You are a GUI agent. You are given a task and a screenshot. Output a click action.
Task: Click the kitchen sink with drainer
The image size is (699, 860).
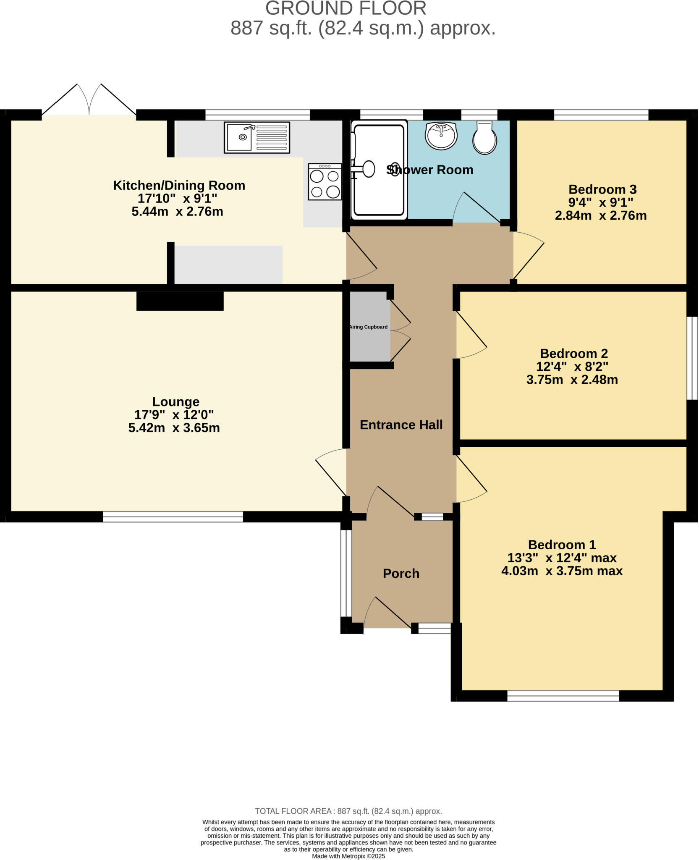[257, 137]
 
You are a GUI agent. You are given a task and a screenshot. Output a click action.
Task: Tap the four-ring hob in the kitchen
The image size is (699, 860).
[325, 181]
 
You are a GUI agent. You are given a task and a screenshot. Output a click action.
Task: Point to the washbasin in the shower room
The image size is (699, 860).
[441, 135]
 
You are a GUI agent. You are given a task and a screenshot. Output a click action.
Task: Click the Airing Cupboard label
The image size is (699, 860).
[369, 327]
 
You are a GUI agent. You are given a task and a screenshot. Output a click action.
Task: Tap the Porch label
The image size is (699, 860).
[401, 574]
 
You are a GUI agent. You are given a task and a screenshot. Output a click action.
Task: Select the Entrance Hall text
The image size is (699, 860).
[401, 425]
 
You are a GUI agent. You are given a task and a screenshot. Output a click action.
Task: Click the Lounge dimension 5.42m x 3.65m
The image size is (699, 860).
[174, 428]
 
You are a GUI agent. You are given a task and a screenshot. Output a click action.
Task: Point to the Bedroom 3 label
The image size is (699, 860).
[602, 189]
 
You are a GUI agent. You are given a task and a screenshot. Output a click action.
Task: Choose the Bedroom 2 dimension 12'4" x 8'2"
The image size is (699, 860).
[572, 367]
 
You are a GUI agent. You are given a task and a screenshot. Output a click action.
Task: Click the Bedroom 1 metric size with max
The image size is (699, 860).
[561, 571]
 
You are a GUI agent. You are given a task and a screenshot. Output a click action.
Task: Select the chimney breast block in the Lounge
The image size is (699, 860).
[180, 301]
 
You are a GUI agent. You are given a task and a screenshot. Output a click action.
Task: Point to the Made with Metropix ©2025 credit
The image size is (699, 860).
[348, 856]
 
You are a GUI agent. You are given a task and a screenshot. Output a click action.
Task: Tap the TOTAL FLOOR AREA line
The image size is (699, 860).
[348, 811]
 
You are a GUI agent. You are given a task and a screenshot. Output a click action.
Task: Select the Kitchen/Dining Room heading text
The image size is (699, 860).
[179, 185]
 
